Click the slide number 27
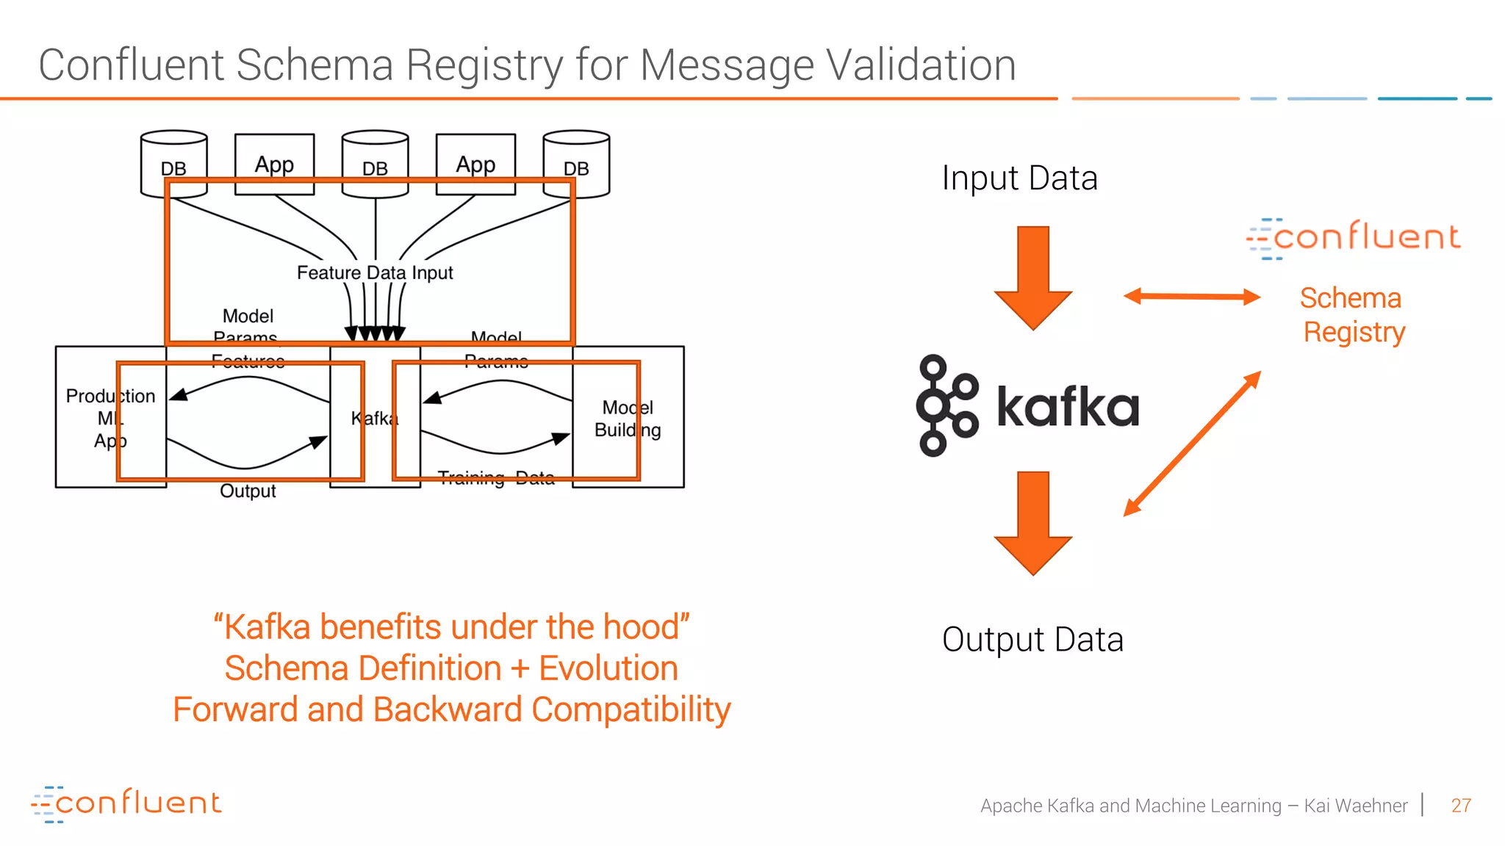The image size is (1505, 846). pos(1461,806)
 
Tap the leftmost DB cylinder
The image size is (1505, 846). pos(173,164)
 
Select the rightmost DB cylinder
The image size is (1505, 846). pos(576,164)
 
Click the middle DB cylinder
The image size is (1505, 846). pos(375,164)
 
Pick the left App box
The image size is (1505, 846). pos(274,164)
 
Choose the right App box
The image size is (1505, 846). pos(475,164)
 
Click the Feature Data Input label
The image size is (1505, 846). pos(375,272)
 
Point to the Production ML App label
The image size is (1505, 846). pos(110,418)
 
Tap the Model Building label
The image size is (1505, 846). pos(628,419)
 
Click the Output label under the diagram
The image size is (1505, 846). pos(248,491)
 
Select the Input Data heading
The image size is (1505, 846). pos(1019,178)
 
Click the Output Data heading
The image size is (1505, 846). pos(1032,640)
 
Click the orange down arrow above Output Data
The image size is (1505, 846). pos(1033,522)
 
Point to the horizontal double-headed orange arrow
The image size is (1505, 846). pos(1192,297)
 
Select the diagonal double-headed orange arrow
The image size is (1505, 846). pos(1192,444)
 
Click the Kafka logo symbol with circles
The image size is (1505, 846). pos(947,405)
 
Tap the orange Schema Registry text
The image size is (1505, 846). pos(1352,315)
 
